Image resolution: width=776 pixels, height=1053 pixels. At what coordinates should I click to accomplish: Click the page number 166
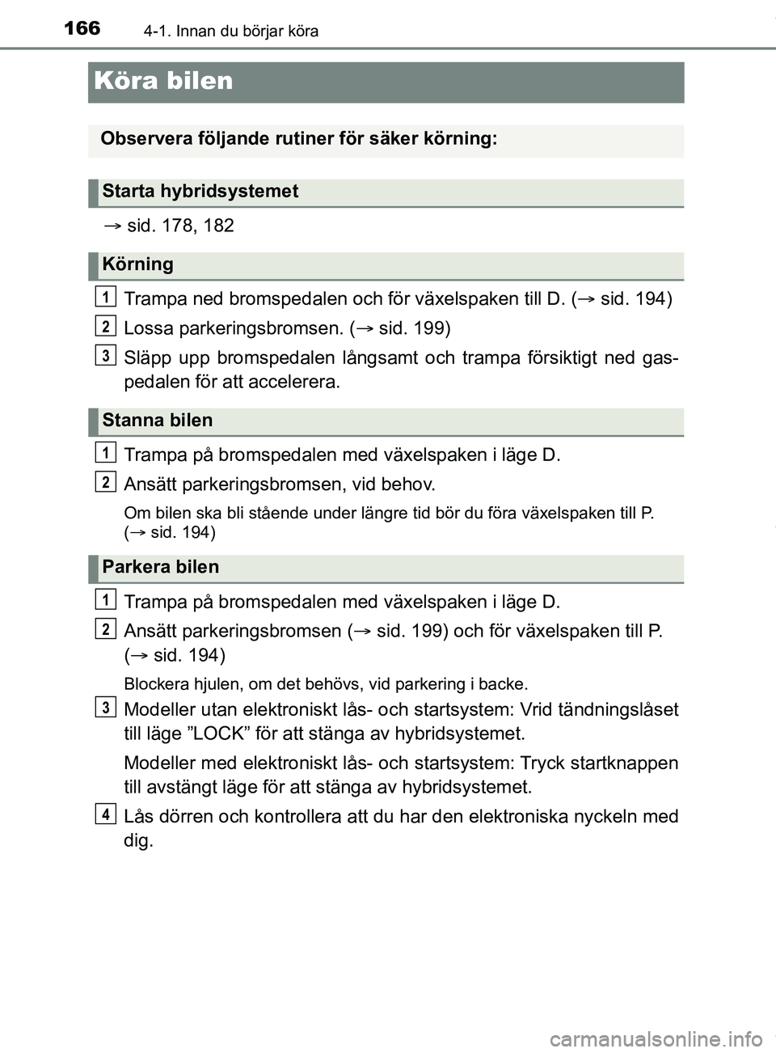(x=82, y=28)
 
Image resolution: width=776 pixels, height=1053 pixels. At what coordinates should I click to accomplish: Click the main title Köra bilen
(x=163, y=81)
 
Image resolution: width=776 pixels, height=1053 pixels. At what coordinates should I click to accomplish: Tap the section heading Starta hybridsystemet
(x=200, y=192)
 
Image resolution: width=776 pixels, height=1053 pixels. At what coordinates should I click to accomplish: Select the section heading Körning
(x=137, y=264)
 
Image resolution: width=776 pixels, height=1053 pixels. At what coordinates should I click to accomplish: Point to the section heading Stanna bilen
(x=157, y=421)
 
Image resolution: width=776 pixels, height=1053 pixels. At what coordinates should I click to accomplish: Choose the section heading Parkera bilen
(x=160, y=567)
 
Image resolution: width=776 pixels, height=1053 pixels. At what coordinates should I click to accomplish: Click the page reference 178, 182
(x=180, y=226)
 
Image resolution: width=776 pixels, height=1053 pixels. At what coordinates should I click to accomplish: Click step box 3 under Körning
(x=105, y=355)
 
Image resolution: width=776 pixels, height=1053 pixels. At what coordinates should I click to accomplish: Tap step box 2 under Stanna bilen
(x=105, y=482)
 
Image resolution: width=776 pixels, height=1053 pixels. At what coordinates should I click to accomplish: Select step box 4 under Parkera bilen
(x=105, y=814)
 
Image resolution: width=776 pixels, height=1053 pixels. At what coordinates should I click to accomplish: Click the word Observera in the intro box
(x=145, y=139)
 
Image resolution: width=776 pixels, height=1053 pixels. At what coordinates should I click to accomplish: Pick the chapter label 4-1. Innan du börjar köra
(x=231, y=32)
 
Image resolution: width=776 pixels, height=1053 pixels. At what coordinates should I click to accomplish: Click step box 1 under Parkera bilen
(x=105, y=599)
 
